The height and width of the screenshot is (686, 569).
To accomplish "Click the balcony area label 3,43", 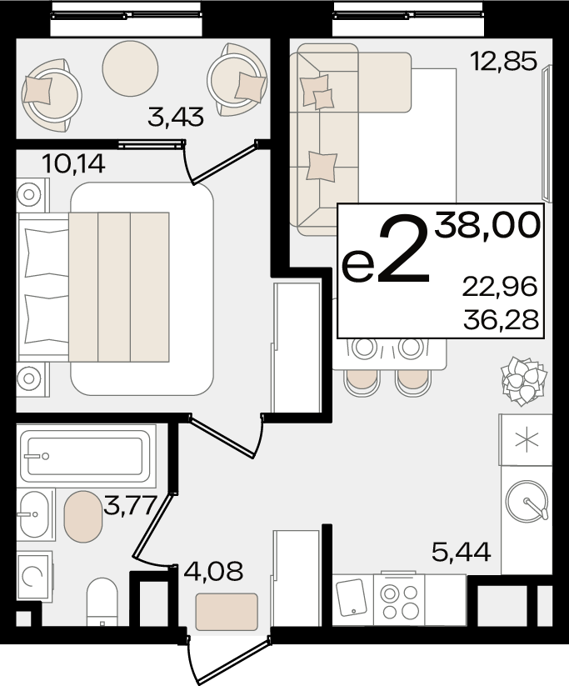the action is point(176,117).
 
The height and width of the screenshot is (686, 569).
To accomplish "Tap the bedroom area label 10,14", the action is point(73,164).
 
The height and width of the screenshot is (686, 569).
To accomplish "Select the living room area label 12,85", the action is point(503,61).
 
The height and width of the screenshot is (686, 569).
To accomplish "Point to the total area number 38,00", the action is point(487,224).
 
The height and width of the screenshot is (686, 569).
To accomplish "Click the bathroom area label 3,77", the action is point(130,505).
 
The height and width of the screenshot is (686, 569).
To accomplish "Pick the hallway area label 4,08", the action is point(213,571).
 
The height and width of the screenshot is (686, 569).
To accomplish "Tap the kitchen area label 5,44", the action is point(462,552).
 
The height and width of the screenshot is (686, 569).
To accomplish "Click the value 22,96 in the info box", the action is point(500,288).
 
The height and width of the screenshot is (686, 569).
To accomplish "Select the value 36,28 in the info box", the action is point(501,320).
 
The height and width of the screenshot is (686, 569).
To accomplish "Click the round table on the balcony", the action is point(130,68).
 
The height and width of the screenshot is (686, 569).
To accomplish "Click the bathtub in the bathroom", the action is point(86,456).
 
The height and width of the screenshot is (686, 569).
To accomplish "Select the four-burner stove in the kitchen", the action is point(399,599).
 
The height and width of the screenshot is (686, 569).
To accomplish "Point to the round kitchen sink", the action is point(527,502).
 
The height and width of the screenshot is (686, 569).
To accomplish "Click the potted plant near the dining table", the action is point(523,380).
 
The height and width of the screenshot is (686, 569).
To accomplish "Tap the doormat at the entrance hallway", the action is point(227,611).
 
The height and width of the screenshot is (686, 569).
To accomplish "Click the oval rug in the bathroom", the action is point(83,517).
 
